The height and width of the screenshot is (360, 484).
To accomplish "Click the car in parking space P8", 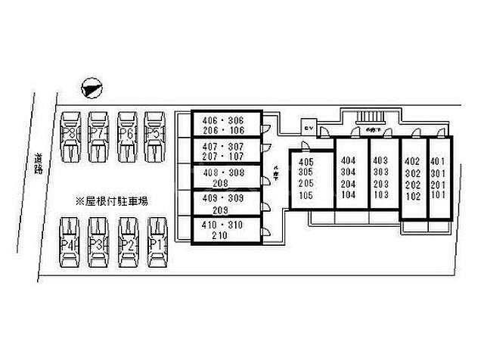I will [x=70, y=136].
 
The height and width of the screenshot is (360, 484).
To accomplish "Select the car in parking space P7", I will [x=98, y=136].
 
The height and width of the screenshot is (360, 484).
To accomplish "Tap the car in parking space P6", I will [x=127, y=136].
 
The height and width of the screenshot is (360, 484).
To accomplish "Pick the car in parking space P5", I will [x=155, y=136].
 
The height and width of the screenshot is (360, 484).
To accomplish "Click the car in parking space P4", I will [x=70, y=244].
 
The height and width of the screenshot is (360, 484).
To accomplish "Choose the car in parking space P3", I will [x=98, y=244].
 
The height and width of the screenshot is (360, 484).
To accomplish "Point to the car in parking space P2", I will [x=128, y=244].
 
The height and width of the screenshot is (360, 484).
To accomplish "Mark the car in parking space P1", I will [x=157, y=244].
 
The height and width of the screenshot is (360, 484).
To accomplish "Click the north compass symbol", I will [x=90, y=88].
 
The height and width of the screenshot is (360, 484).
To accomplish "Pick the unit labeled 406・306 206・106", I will [x=224, y=125].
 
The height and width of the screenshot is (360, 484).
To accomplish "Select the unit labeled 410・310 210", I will [x=224, y=231].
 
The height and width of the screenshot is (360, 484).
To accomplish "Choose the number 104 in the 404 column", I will [x=348, y=194].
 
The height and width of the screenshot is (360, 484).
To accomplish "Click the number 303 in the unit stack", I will [x=380, y=172].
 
